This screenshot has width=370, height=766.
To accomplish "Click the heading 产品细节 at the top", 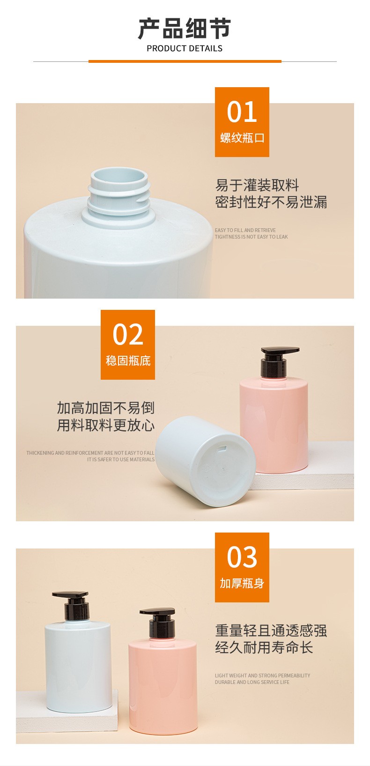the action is coord(185,29).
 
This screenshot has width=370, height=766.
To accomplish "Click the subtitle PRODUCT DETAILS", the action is coord(185,49).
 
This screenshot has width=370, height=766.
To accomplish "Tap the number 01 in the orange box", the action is coord(242,112).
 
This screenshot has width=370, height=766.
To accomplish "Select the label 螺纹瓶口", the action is coord(242,138).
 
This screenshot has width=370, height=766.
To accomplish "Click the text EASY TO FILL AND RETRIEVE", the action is coord(245,230).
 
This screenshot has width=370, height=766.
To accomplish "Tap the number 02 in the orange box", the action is coord(128,334).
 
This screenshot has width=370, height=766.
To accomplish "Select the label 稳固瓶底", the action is coord(128,361).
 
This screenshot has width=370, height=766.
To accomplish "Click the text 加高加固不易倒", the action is coord(105,408).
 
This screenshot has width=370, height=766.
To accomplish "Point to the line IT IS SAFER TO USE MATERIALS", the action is coord(120,459).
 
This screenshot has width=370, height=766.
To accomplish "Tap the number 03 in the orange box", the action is coord(242,557).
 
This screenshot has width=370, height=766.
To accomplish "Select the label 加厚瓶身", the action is coord(242,583).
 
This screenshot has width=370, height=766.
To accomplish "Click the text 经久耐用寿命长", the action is coord(264,647).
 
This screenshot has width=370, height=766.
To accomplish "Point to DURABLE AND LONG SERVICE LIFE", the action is coord(252,682).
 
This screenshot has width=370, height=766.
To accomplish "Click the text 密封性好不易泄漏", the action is coord(271,202).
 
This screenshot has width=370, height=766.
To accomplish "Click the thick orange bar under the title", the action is coord(185,61).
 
